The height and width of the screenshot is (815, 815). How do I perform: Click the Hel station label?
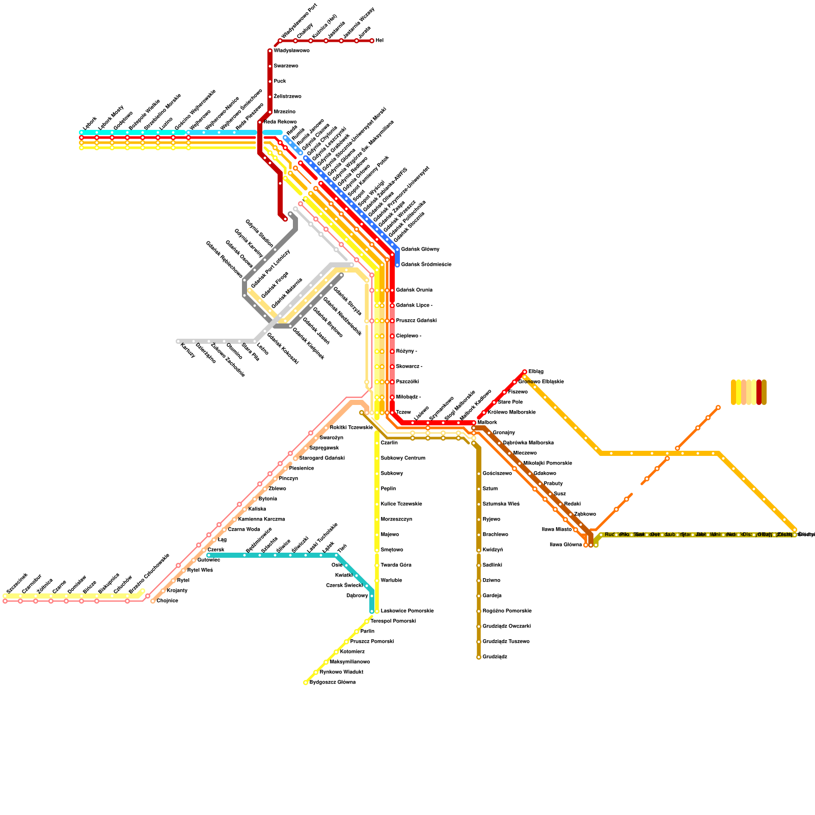(x=379, y=41)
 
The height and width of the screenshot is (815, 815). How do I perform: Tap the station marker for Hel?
(x=372, y=41)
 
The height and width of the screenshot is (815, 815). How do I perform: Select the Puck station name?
(x=280, y=81)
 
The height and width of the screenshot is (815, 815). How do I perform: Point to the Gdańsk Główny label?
(x=420, y=250)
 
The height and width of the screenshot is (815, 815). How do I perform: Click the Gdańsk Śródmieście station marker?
(x=397, y=265)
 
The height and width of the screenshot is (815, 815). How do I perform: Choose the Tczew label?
(x=403, y=413)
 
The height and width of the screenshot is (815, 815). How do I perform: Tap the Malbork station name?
(x=487, y=423)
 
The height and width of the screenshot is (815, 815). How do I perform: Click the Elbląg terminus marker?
(x=525, y=372)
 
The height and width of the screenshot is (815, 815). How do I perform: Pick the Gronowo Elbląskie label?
(x=541, y=382)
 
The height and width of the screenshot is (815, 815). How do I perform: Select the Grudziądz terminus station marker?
(x=479, y=657)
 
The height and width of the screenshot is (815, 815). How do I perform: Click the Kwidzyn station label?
(x=493, y=550)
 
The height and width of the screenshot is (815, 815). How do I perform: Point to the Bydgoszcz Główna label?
(x=332, y=683)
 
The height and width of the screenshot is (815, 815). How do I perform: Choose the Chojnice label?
(x=167, y=601)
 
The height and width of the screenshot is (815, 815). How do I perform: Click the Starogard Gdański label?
(x=322, y=458)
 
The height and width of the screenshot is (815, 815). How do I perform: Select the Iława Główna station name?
(x=565, y=545)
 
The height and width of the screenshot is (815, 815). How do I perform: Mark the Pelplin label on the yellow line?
(x=388, y=489)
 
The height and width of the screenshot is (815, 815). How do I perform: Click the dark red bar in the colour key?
(x=759, y=392)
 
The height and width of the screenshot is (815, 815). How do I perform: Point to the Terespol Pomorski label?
(x=393, y=621)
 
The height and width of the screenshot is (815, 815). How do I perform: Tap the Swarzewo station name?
(x=286, y=66)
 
